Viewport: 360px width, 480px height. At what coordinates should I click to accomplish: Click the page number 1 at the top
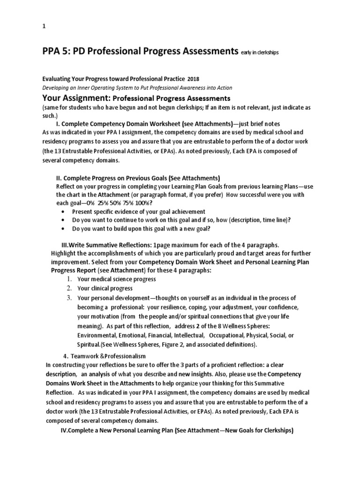pyautogui.click(x=44, y=27)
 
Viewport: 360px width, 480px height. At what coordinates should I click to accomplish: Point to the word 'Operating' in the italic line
pyautogui.click(x=118, y=88)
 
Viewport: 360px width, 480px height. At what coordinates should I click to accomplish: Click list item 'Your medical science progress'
pyautogui.click(x=117, y=279)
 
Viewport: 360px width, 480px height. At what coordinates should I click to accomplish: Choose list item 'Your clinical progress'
pyautogui.click(x=105, y=288)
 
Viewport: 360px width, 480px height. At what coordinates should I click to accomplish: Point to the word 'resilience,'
pyautogui.click(x=178, y=307)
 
